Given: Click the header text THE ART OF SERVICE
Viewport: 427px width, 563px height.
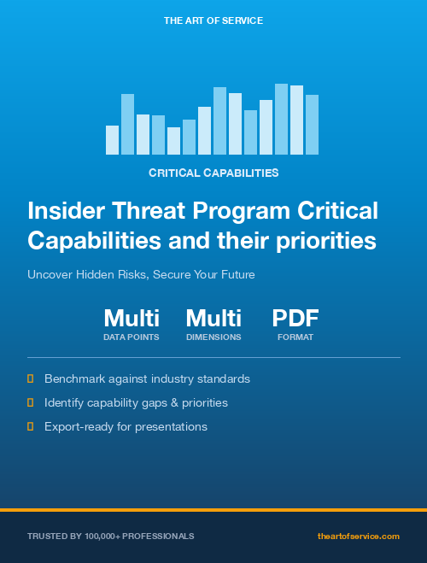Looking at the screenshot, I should click(x=213, y=20).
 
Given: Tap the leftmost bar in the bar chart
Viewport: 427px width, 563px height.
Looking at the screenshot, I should click(x=112, y=140).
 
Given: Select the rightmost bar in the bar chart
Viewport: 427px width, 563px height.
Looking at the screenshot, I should click(x=312, y=125).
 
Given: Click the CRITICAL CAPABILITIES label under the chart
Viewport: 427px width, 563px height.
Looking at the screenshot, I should click(x=213, y=173).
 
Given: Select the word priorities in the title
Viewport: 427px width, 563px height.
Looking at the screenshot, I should click(x=325, y=241).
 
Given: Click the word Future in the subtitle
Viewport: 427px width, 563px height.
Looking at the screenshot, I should click(x=235, y=275).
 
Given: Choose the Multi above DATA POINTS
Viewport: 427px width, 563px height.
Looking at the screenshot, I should click(x=132, y=319).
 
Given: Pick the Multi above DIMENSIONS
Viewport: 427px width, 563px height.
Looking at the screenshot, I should click(x=213, y=319).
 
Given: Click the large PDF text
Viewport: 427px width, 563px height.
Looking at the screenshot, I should click(x=295, y=319).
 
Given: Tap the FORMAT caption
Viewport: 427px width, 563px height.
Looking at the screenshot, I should click(x=295, y=337).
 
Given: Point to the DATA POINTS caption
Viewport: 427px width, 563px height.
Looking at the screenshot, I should click(x=132, y=337).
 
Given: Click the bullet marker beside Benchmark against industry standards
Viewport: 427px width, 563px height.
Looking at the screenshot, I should click(x=31, y=378).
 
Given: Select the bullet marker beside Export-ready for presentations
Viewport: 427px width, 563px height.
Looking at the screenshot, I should click(x=31, y=425).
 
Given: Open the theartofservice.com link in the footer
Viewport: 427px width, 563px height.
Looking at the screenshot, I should click(x=358, y=537).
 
